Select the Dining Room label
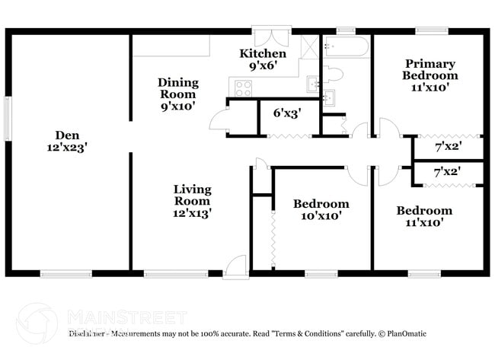(178, 88)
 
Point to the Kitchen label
(263, 53)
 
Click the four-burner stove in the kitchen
(243, 88)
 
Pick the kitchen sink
(313, 83)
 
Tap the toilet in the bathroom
(333, 74)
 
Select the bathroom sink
(328, 97)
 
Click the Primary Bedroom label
(430, 69)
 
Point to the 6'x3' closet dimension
(286, 113)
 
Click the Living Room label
(192, 195)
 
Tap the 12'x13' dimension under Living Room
(192, 214)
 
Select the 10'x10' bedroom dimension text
(321, 216)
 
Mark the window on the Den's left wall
(8, 118)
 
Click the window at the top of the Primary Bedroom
(431, 31)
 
